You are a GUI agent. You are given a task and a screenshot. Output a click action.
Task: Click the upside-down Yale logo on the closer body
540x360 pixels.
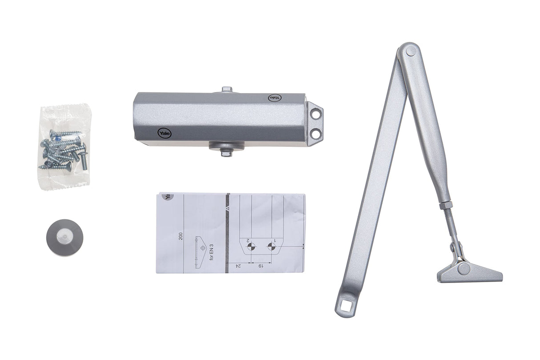click(x=273, y=97)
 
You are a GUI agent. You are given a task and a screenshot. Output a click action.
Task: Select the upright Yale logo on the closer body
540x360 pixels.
click(x=164, y=133)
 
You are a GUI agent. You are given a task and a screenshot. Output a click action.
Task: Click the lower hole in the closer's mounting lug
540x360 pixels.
click(x=315, y=133)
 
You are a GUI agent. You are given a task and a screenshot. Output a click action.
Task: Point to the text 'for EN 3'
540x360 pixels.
click(x=212, y=256)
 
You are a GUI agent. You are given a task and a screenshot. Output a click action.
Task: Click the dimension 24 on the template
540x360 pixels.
click(x=238, y=266)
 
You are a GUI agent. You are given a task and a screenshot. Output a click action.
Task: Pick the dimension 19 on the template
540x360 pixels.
click(x=259, y=266)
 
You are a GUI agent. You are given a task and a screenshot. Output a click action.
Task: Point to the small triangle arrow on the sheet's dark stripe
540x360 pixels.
click(x=227, y=208)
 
